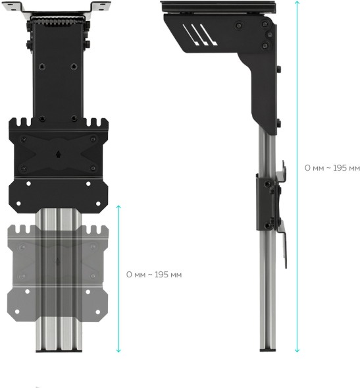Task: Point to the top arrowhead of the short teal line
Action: coord(118,207)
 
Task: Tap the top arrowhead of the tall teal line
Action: coord(297,3)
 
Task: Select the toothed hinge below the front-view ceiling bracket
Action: coord(59,22)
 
